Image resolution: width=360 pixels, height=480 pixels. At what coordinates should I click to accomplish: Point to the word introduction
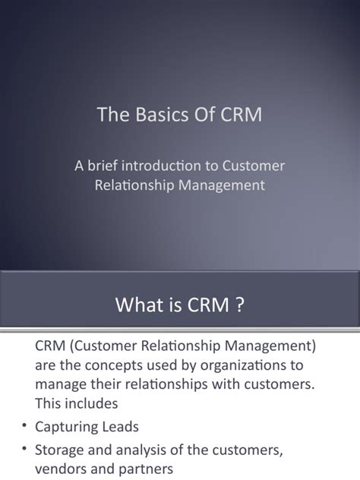click(167, 166)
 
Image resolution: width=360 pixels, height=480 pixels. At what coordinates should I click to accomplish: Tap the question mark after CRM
click(240, 305)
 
